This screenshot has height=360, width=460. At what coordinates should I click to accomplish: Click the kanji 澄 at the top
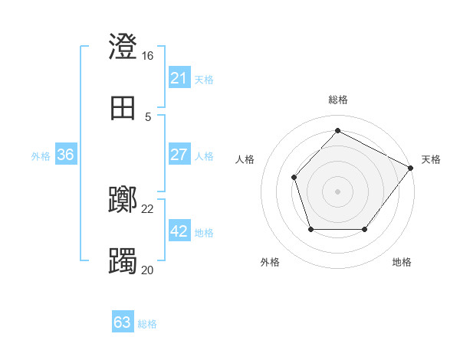point(123,47)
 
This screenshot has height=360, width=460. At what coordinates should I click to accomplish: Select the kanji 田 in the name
point(123,108)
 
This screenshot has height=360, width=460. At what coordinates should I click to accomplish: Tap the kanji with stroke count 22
point(123,201)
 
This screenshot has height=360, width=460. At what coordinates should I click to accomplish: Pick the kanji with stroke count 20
point(123,261)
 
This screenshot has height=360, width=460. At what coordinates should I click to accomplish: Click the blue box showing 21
point(179,78)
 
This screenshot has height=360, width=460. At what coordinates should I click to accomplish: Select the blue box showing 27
point(179,155)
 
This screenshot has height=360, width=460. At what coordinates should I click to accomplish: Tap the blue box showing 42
point(179,231)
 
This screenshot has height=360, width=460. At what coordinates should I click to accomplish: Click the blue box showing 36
point(65,155)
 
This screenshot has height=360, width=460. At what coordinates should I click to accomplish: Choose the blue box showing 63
point(122,322)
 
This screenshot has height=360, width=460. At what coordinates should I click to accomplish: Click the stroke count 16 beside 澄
point(148,56)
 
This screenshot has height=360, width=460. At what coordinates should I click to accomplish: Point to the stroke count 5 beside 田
point(148,116)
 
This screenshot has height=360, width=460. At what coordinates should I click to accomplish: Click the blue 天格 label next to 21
point(204,79)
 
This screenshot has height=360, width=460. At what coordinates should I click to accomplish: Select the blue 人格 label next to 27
point(204,155)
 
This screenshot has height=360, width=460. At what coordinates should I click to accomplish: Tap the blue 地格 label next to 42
point(204,232)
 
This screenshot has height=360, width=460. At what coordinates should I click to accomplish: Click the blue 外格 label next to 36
point(41,155)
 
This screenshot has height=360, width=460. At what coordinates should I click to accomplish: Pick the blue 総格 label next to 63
point(147,323)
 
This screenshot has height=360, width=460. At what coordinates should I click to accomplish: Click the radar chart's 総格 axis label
point(337,100)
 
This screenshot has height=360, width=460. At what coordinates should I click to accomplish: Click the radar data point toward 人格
point(294,178)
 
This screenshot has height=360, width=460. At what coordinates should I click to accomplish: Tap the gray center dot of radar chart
point(337,191)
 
